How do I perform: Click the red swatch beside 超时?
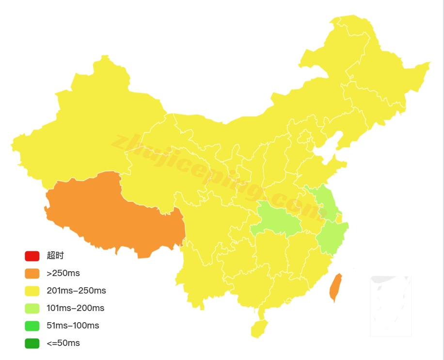point(32,256)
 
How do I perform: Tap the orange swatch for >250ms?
point(32,273)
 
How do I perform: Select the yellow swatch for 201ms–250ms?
point(32,291)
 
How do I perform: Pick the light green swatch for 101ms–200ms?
point(32,308)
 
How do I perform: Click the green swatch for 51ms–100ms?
point(32,326)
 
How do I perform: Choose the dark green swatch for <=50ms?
point(32,343)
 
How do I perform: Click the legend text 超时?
point(55,256)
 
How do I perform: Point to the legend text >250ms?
point(63,273)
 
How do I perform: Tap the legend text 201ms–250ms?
point(76,291)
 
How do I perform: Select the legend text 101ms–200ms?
point(75,308)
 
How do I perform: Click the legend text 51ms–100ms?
point(73,326)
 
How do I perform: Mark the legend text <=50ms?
point(63,343)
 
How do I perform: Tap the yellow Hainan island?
point(259,328)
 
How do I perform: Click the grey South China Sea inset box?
point(391,306)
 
